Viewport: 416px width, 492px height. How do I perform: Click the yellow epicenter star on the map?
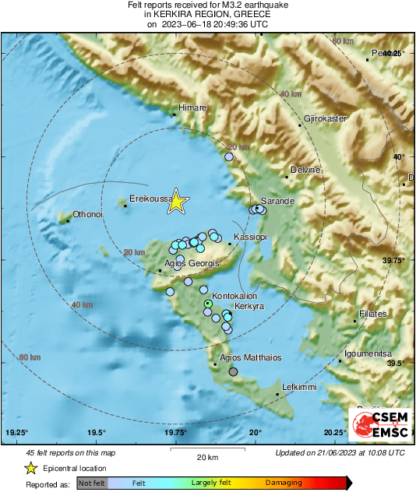[x=177, y=201]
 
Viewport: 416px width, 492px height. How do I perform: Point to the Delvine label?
[x=305, y=170]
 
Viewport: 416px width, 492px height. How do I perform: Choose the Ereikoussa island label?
[x=150, y=199]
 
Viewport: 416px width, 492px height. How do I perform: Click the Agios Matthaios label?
[x=250, y=358]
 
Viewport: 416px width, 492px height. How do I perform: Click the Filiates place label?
[x=372, y=315]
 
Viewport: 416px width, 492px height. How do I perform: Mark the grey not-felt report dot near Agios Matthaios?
[x=234, y=371]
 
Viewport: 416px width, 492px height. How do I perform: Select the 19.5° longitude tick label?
[x=96, y=433]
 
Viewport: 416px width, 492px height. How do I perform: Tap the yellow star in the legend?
[x=30, y=468]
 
